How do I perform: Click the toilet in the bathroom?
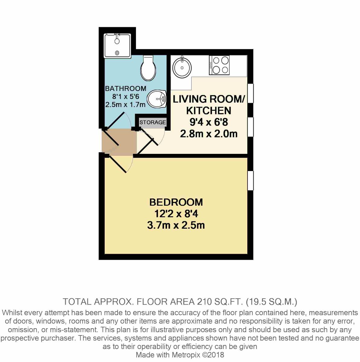coord(149,68)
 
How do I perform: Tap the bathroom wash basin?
coord(156,98)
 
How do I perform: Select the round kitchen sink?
coord(182,67)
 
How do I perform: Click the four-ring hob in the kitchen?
coord(219,65)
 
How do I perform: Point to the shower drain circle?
coord(117,53)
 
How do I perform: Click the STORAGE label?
coord(153,122)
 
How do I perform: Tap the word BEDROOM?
coord(176,202)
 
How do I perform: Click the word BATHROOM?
coord(126,88)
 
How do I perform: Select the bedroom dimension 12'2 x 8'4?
coord(176,214)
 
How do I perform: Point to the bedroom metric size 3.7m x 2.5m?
coord(176,225)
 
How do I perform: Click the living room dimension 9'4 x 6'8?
coord(209,122)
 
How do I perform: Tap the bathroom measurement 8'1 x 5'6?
coord(126,97)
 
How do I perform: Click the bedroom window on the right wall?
coord(251,180)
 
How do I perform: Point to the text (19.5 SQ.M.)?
coord(271,302)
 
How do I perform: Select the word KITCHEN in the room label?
coord(209,110)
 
